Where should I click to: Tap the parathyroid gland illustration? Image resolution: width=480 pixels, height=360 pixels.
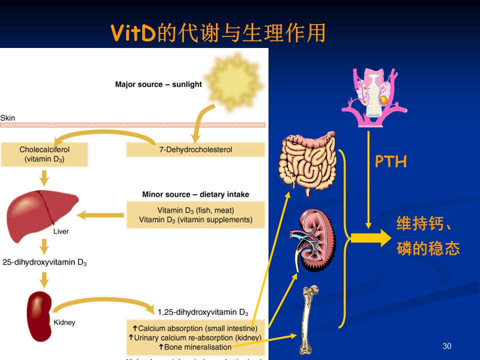374,95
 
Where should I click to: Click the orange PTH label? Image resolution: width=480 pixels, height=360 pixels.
391,161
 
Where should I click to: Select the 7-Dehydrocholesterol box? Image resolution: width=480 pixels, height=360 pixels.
195,149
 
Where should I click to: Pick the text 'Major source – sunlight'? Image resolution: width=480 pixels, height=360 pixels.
158,84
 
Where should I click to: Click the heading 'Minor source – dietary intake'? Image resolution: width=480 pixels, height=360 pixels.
195,194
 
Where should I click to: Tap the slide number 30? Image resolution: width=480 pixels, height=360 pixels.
447,346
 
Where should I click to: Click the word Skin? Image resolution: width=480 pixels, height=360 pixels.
7,118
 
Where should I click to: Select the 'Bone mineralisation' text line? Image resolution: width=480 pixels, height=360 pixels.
195,346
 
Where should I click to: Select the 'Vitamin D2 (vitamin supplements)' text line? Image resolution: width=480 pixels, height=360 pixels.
195,219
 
